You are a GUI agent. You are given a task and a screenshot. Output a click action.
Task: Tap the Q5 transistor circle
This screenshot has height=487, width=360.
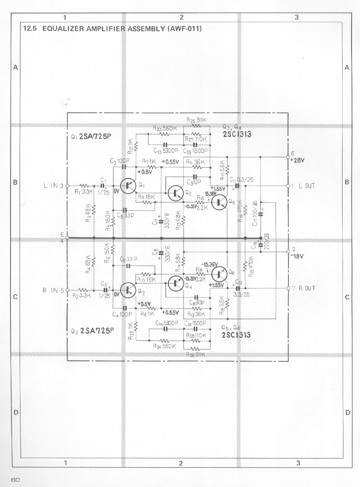click(220, 202)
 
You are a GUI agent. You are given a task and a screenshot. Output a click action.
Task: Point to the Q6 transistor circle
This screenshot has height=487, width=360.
click(220, 274)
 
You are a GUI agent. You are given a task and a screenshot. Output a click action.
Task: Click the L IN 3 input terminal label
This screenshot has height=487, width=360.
click(53, 186)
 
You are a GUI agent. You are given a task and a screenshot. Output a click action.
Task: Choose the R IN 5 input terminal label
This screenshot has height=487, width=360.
click(53, 290)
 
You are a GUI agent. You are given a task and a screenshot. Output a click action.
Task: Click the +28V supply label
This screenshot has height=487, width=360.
click(297, 160)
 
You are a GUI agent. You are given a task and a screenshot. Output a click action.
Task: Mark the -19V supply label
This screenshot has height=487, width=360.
click(297, 257)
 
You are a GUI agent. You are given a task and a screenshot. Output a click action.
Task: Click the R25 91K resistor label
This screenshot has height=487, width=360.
click(196, 120)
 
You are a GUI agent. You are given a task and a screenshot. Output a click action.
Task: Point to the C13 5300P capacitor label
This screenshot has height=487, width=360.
click(166, 151)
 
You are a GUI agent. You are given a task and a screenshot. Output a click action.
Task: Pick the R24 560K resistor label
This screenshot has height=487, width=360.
click(164, 346)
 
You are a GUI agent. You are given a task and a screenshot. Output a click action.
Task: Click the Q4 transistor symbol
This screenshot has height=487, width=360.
click(176, 283)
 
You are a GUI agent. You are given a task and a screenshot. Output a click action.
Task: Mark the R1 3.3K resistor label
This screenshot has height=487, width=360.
click(83, 192)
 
